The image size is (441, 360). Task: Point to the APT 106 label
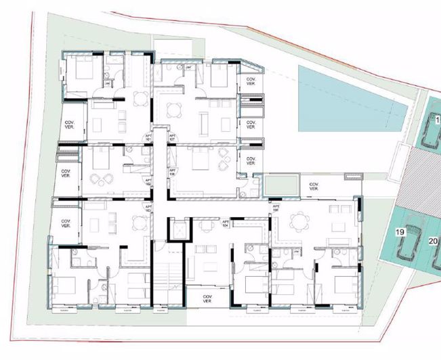pos(173,171)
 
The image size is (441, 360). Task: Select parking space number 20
pos(434,240)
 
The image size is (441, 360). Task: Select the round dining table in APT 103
pos(140,221)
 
